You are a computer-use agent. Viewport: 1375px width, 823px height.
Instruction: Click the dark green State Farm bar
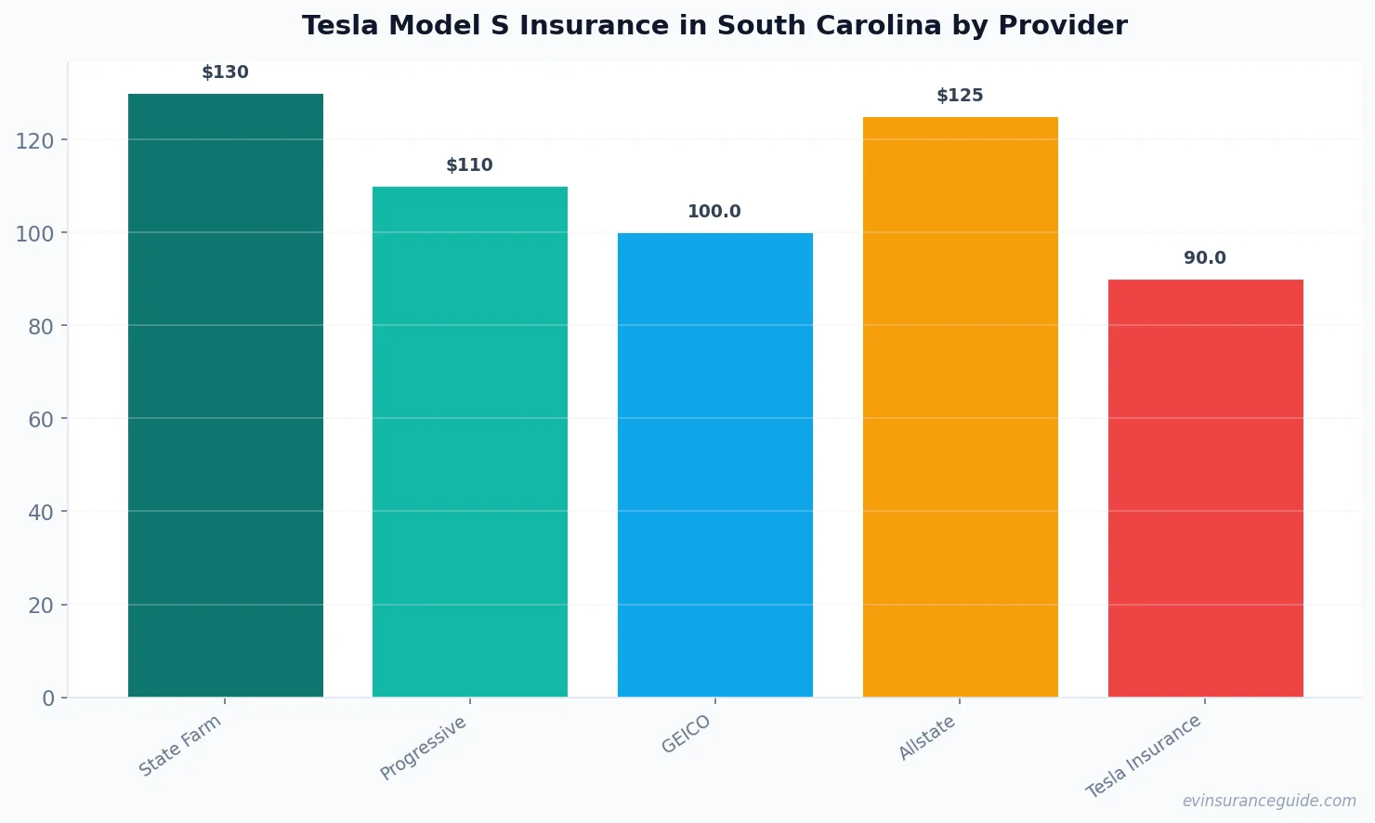tap(226, 395)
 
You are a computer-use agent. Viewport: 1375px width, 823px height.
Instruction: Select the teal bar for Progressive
tap(470, 441)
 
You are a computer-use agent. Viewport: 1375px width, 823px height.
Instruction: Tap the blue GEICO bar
tap(714, 464)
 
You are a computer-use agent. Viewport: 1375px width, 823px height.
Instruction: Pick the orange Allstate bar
tap(960, 407)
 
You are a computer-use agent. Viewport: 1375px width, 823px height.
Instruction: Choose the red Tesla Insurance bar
tap(1205, 488)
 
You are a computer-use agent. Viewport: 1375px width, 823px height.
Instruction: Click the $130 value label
tap(226, 72)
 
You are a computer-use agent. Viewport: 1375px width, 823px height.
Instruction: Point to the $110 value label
tap(470, 165)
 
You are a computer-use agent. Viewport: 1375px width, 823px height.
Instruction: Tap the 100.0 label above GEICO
tap(714, 212)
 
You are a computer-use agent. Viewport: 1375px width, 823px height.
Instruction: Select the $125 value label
tap(960, 96)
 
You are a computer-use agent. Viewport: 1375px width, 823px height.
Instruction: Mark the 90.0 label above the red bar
tap(1205, 258)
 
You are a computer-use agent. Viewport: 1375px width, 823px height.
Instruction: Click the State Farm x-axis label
tap(180, 746)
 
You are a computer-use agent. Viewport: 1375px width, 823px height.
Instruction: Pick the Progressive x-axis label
tap(424, 749)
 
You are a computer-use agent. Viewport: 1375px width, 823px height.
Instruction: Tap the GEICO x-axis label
tap(687, 735)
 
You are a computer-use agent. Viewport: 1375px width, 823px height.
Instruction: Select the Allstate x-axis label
tap(927, 738)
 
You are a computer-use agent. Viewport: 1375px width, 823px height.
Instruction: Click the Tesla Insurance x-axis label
tap(1145, 756)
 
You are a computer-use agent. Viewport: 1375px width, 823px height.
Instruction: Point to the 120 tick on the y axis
tap(34, 140)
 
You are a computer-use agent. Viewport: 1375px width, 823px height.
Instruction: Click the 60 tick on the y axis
tap(41, 419)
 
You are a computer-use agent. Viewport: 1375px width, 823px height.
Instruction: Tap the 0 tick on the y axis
tap(48, 699)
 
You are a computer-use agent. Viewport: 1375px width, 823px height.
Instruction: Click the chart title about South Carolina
tap(714, 26)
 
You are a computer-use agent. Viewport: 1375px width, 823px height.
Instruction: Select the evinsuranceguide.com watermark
tap(1269, 801)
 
